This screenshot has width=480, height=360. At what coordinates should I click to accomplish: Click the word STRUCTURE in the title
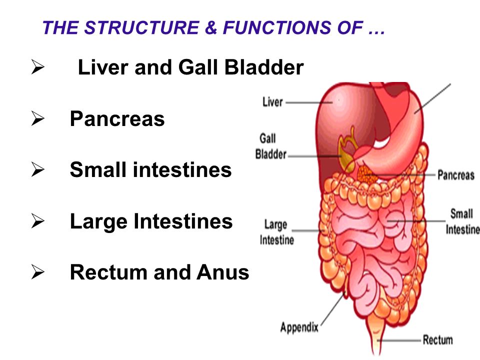click(x=141, y=27)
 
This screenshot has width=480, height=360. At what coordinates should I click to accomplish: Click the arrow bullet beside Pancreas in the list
click(x=37, y=118)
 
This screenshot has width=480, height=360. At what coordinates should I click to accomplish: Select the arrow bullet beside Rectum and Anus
click(x=37, y=272)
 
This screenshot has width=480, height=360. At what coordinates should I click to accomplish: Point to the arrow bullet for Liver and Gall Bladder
click(x=37, y=67)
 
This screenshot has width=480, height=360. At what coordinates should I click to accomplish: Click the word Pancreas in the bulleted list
click(x=117, y=119)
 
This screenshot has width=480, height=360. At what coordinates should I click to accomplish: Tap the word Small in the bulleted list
click(x=98, y=169)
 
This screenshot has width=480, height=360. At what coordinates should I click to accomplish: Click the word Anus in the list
click(x=223, y=272)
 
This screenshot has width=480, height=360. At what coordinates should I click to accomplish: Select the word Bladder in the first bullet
click(x=264, y=67)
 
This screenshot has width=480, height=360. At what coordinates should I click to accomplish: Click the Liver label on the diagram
click(x=272, y=102)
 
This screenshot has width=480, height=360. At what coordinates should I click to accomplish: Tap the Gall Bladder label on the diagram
click(x=271, y=146)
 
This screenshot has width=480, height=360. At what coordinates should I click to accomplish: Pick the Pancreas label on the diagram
click(x=456, y=175)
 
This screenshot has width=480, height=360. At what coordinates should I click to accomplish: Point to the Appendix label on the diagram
click(x=299, y=327)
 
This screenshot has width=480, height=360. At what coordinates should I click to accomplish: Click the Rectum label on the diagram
click(x=438, y=340)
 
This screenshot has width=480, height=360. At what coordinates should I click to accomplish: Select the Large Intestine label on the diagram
click(x=276, y=232)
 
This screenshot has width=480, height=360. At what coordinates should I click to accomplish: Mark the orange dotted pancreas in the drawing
click(x=366, y=175)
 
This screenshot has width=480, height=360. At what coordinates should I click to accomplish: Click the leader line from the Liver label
click(x=309, y=102)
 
